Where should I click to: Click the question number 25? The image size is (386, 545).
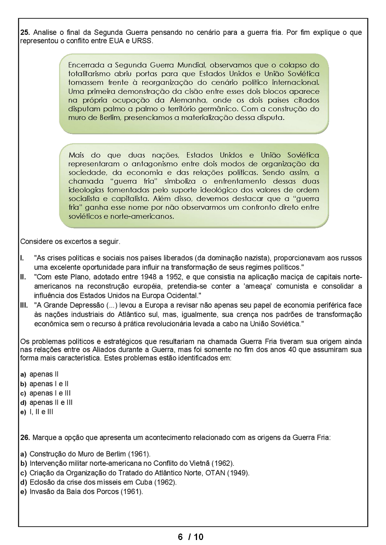[25, 33]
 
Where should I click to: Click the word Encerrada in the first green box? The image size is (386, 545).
[87, 65]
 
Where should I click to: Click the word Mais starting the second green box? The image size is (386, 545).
[76, 155]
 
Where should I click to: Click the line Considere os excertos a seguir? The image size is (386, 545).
[70, 241]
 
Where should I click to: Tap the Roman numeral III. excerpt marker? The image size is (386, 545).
[24, 305]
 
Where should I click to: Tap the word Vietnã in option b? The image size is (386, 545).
[198, 463]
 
